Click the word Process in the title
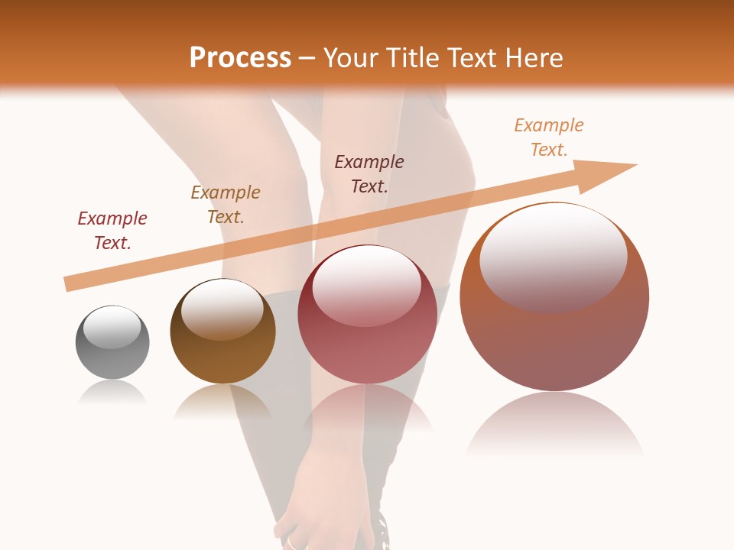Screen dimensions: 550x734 (x=240, y=58)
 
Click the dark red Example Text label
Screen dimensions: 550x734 (x=112, y=230)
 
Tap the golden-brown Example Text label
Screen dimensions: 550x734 (x=226, y=204)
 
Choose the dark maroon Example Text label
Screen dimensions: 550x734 (x=369, y=173)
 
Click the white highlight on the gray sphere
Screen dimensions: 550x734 (x=112, y=327)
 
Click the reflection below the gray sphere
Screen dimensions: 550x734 (x=112, y=393)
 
